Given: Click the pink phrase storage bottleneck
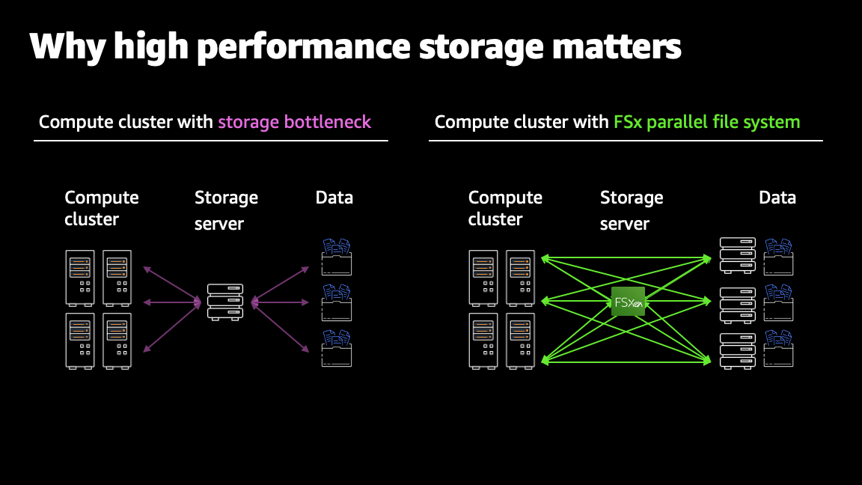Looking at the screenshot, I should tap(294, 122).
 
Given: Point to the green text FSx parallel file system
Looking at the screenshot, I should tap(706, 122).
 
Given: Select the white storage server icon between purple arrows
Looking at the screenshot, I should tap(225, 302).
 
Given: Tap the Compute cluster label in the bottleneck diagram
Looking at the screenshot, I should tap(102, 208).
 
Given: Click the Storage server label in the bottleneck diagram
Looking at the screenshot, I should tap(226, 210).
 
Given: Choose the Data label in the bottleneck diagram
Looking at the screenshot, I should tap(334, 198).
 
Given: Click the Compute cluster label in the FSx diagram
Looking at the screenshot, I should tap(505, 208).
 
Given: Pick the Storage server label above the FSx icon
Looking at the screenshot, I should tap(632, 210).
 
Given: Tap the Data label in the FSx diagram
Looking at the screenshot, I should tap(777, 198).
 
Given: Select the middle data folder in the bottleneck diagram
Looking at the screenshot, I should tap(336, 302).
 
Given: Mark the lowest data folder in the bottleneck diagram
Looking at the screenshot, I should tap(336, 348).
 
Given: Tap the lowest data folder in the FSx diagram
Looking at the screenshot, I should tap(778, 349).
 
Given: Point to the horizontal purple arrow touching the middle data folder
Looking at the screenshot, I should tap(281, 302).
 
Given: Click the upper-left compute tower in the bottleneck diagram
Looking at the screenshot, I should tap(80, 278).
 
